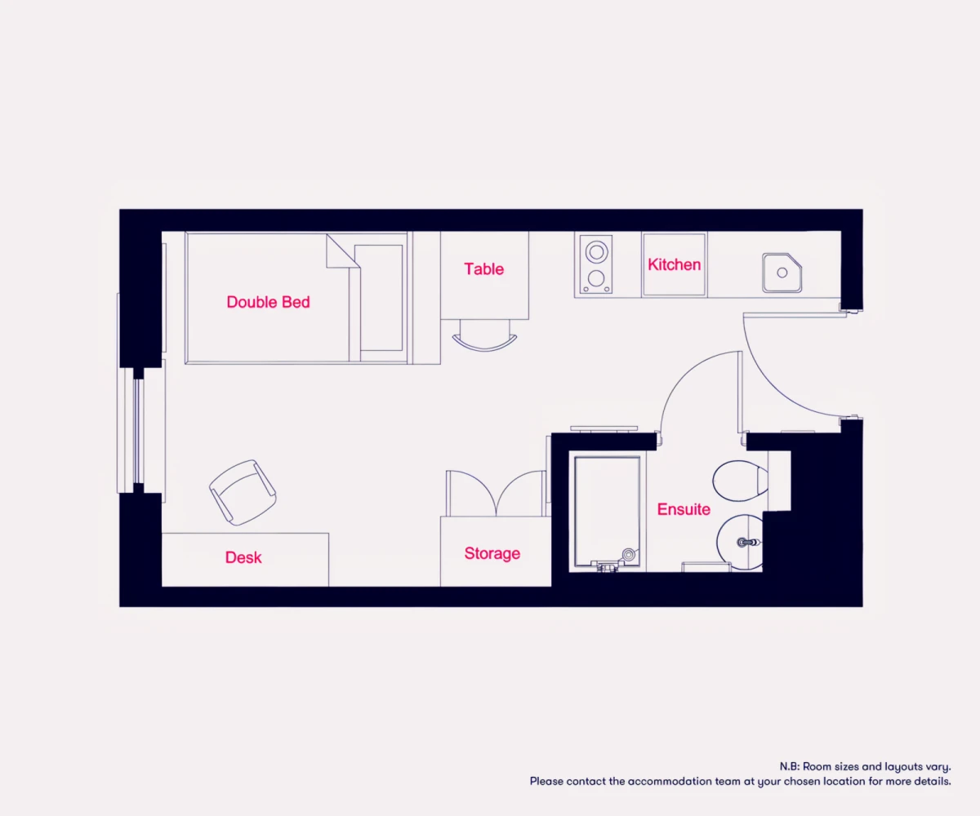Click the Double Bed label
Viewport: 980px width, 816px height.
(x=268, y=302)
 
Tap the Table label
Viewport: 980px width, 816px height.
(x=484, y=269)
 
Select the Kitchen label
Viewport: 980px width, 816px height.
(x=674, y=264)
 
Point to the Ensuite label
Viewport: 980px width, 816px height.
(x=684, y=509)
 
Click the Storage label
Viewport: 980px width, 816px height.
(x=492, y=554)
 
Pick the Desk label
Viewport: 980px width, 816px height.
(x=243, y=557)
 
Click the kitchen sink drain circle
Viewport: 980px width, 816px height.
(x=782, y=273)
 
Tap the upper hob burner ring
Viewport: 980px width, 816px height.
(x=596, y=252)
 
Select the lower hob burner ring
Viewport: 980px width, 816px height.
(x=596, y=278)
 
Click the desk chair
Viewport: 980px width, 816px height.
(x=243, y=492)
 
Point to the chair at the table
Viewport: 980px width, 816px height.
(x=485, y=335)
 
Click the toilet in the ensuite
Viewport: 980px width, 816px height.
(x=740, y=481)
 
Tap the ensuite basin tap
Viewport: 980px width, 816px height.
(x=748, y=543)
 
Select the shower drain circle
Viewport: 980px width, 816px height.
(x=629, y=555)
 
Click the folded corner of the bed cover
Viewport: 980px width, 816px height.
(x=343, y=251)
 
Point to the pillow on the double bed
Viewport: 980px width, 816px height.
(x=379, y=298)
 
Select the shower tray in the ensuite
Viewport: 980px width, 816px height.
(x=608, y=512)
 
